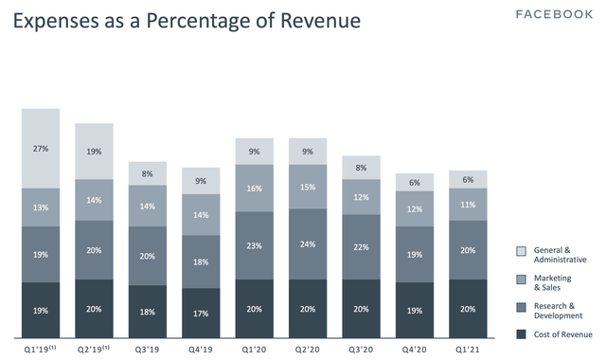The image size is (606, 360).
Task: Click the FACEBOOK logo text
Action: click(554, 15)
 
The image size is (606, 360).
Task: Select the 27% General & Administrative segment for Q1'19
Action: click(41, 149)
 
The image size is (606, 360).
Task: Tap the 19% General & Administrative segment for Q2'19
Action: click(94, 152)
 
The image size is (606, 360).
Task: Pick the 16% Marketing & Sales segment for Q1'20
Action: click(255, 189)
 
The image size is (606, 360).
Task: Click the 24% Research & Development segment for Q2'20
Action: click(308, 244)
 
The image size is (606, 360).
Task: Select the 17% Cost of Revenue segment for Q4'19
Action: click(201, 313)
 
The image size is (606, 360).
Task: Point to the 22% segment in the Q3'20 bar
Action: click(361, 247)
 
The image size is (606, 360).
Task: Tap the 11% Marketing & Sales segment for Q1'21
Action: click(468, 205)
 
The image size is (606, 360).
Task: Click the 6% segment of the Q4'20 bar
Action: click(415, 182)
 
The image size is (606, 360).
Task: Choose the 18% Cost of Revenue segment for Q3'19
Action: click(148, 312)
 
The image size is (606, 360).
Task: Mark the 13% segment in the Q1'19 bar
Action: click(41, 207)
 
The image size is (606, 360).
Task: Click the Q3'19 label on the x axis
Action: click(148, 350)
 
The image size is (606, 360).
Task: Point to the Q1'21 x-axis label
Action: click(467, 350)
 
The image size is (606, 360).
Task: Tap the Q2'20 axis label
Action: click(307, 350)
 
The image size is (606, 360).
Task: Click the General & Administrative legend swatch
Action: click(521, 251)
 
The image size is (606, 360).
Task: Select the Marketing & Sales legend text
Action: click(552, 282)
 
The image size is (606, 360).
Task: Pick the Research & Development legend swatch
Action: click(521, 307)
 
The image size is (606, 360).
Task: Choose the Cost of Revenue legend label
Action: click(563, 334)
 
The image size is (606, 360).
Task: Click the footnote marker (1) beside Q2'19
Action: click(105, 348)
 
